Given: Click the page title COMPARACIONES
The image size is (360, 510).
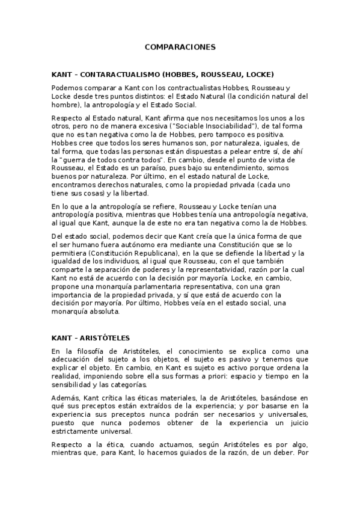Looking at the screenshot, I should point(180,46).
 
